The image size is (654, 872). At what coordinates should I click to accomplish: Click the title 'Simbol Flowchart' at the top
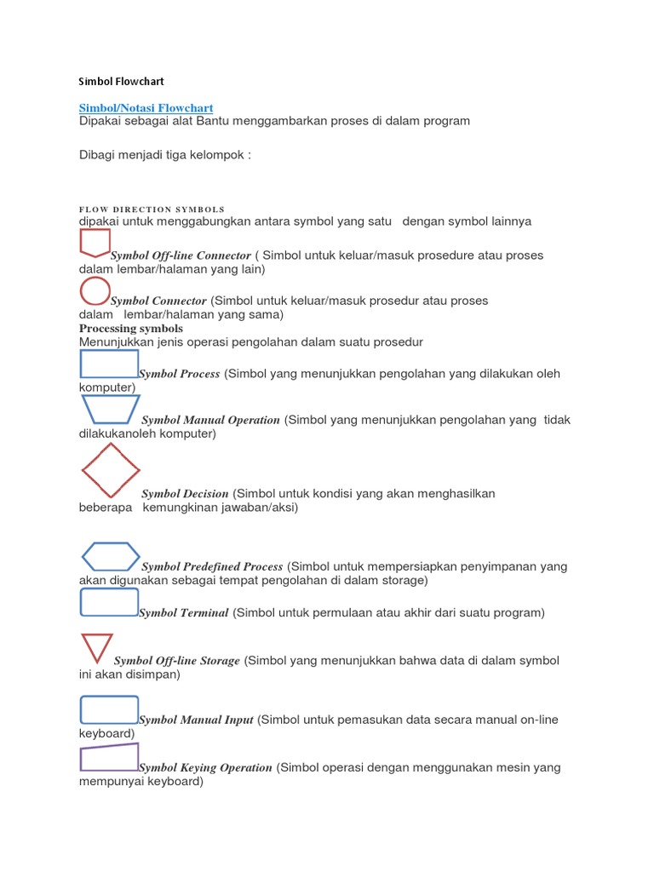pos(121,82)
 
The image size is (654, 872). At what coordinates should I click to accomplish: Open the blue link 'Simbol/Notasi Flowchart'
pos(146,108)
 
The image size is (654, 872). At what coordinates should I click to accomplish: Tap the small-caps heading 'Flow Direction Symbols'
pos(152,209)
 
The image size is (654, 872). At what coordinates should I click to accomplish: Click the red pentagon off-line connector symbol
pos(95,244)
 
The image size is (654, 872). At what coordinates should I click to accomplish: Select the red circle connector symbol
pos(95,291)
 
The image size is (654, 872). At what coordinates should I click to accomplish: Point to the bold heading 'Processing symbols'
pos(131,328)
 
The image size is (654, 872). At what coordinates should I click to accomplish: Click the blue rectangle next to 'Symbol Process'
pos(108,364)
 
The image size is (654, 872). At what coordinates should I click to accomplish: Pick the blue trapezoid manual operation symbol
pos(109,410)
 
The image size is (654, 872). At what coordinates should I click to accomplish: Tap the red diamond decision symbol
pos(111,470)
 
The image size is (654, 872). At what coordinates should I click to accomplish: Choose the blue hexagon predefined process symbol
pos(111,556)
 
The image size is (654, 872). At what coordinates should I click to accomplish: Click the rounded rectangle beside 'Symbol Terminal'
pos(108,601)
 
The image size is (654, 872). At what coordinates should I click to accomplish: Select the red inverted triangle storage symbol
pos(96,648)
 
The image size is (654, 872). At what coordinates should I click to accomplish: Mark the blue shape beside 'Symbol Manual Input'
pos(108,708)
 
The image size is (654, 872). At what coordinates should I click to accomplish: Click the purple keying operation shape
pos(108,757)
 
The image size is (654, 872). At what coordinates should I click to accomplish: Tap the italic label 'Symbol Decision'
pos(185,494)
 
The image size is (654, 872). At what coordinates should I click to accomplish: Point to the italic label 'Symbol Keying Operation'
pos(205,768)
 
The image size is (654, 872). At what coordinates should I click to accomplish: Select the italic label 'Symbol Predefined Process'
pos(212,567)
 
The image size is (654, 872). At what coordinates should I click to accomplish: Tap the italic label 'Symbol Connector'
pos(158,301)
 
